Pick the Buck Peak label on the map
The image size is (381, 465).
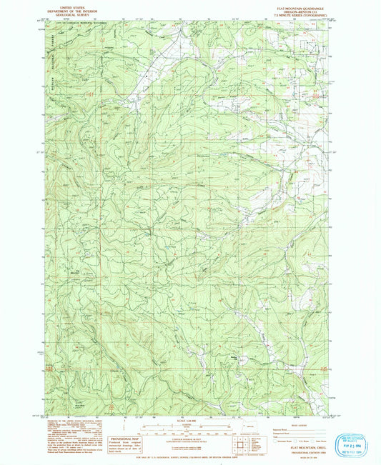coord(72,403)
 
